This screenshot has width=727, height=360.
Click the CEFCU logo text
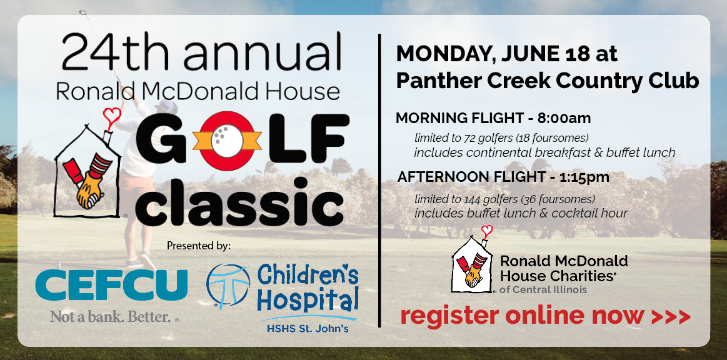click(111, 285)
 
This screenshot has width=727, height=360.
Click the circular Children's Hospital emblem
click(228, 287)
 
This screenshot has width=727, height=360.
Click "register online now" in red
click(521, 316)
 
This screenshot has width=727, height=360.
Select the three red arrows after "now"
click(671, 317)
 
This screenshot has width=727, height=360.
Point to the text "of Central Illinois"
click(543, 289)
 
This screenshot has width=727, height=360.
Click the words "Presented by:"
click(198, 246)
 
